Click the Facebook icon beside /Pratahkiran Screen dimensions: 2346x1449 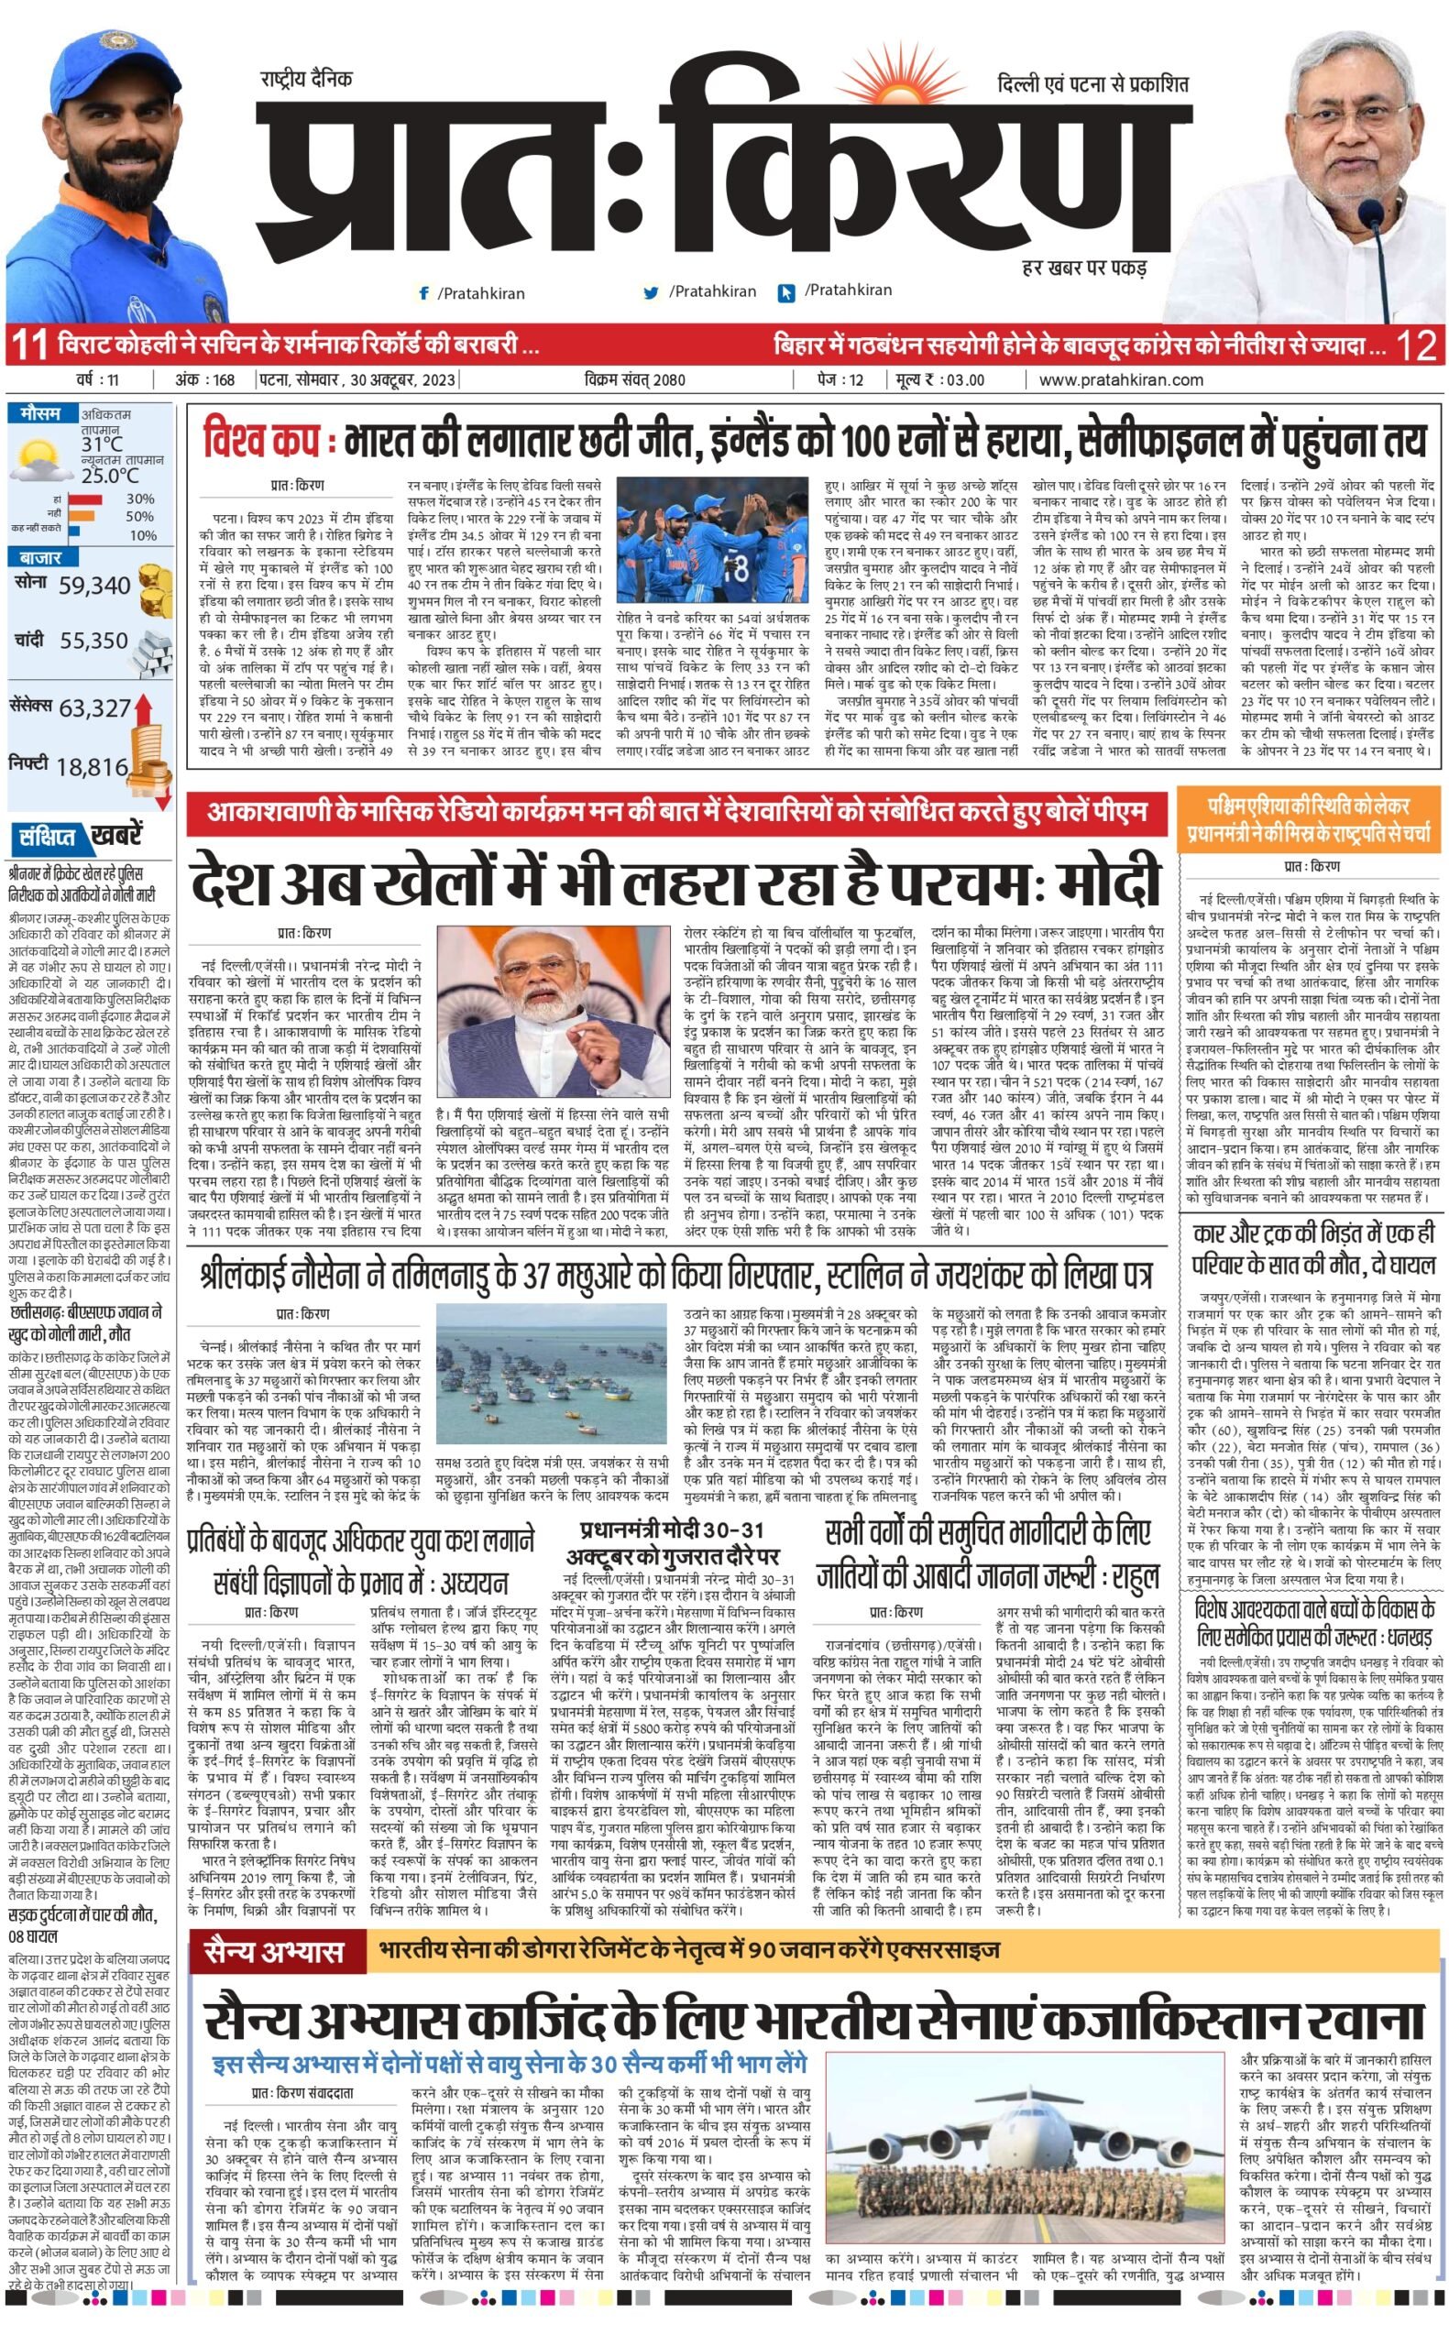(423, 293)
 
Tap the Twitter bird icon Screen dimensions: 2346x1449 (652, 293)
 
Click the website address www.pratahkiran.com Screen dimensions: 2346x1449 (1120, 379)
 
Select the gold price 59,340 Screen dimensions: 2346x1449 (93, 586)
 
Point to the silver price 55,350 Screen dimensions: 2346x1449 (93, 641)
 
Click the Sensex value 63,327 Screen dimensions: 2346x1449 (93, 707)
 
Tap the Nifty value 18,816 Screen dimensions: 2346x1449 (91, 766)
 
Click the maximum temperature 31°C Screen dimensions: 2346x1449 (103, 444)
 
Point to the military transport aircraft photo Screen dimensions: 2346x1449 (1024, 2074)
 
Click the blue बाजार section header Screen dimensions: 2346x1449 (38, 557)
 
